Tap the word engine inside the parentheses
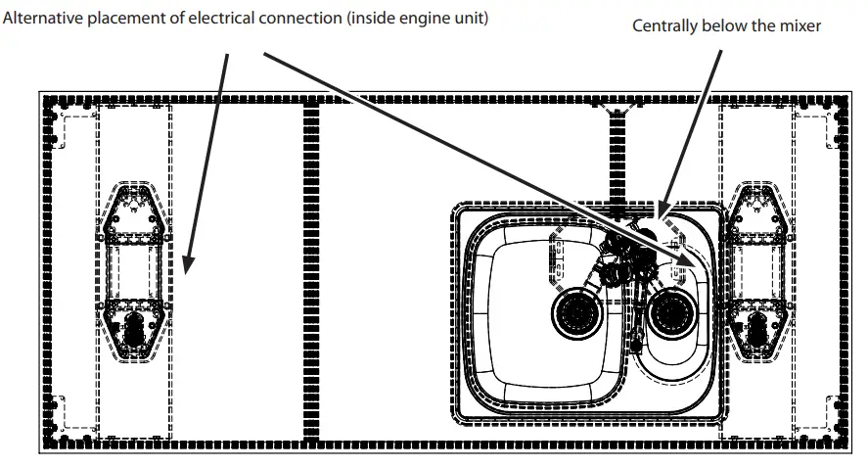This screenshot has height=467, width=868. pos(413,18)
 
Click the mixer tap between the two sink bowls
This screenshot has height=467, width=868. pos(626,257)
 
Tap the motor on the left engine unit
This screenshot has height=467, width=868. pos(134,327)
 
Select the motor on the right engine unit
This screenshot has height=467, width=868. pos(757,327)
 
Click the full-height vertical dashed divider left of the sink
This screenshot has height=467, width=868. pos(312,274)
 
